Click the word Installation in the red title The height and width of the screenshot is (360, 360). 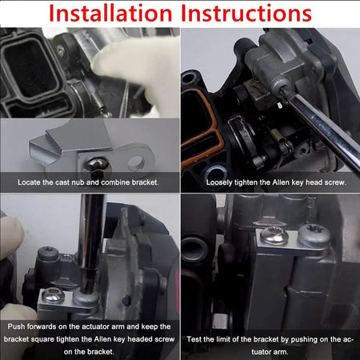tap(110, 13)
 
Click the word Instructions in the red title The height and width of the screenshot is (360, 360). tap(246, 13)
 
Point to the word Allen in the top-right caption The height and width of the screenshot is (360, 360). tap(281, 182)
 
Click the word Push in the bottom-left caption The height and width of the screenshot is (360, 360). tap(16, 326)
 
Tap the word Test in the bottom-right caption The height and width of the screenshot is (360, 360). tap(194, 339)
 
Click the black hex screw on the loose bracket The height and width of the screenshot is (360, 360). tap(98, 168)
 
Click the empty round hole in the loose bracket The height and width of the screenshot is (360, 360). tap(136, 162)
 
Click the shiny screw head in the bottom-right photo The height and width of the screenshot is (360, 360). tap(274, 235)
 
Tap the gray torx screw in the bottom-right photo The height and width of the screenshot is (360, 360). tap(314, 235)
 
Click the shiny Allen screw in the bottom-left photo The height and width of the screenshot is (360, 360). tap(54, 295)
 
